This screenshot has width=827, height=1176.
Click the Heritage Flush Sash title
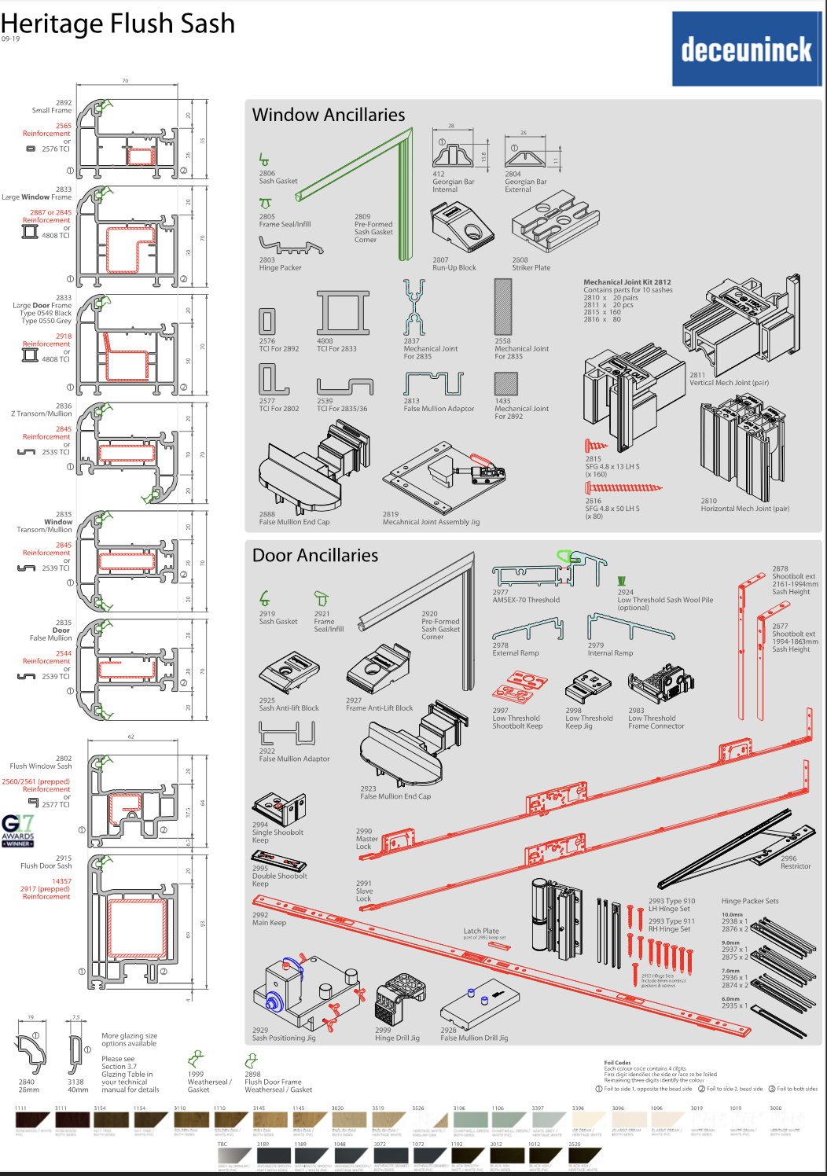(118, 24)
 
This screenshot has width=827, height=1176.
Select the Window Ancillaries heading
(329, 115)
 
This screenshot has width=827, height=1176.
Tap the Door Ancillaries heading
(315, 555)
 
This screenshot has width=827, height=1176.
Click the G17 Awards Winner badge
(18, 830)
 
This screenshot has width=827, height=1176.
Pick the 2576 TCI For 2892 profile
(267, 321)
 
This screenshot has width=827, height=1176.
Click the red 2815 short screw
(596, 446)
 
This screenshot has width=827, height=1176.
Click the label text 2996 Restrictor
(796, 862)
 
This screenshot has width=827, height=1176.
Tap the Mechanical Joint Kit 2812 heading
(627, 282)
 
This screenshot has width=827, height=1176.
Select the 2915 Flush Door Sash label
(46, 862)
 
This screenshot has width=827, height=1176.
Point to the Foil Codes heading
(617, 1063)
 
